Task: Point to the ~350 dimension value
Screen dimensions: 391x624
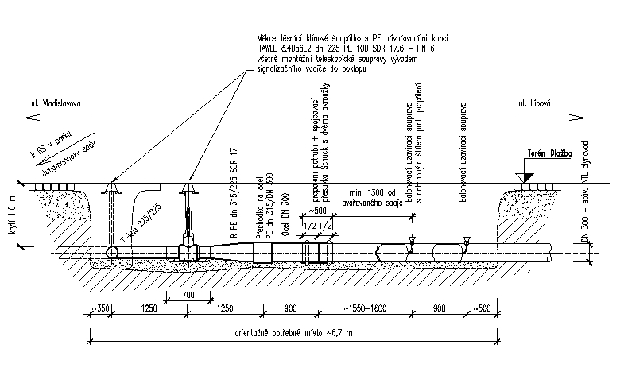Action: click(100, 308)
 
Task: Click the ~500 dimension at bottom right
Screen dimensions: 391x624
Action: click(483, 308)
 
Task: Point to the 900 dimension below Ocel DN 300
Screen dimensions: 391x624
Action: click(290, 308)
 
